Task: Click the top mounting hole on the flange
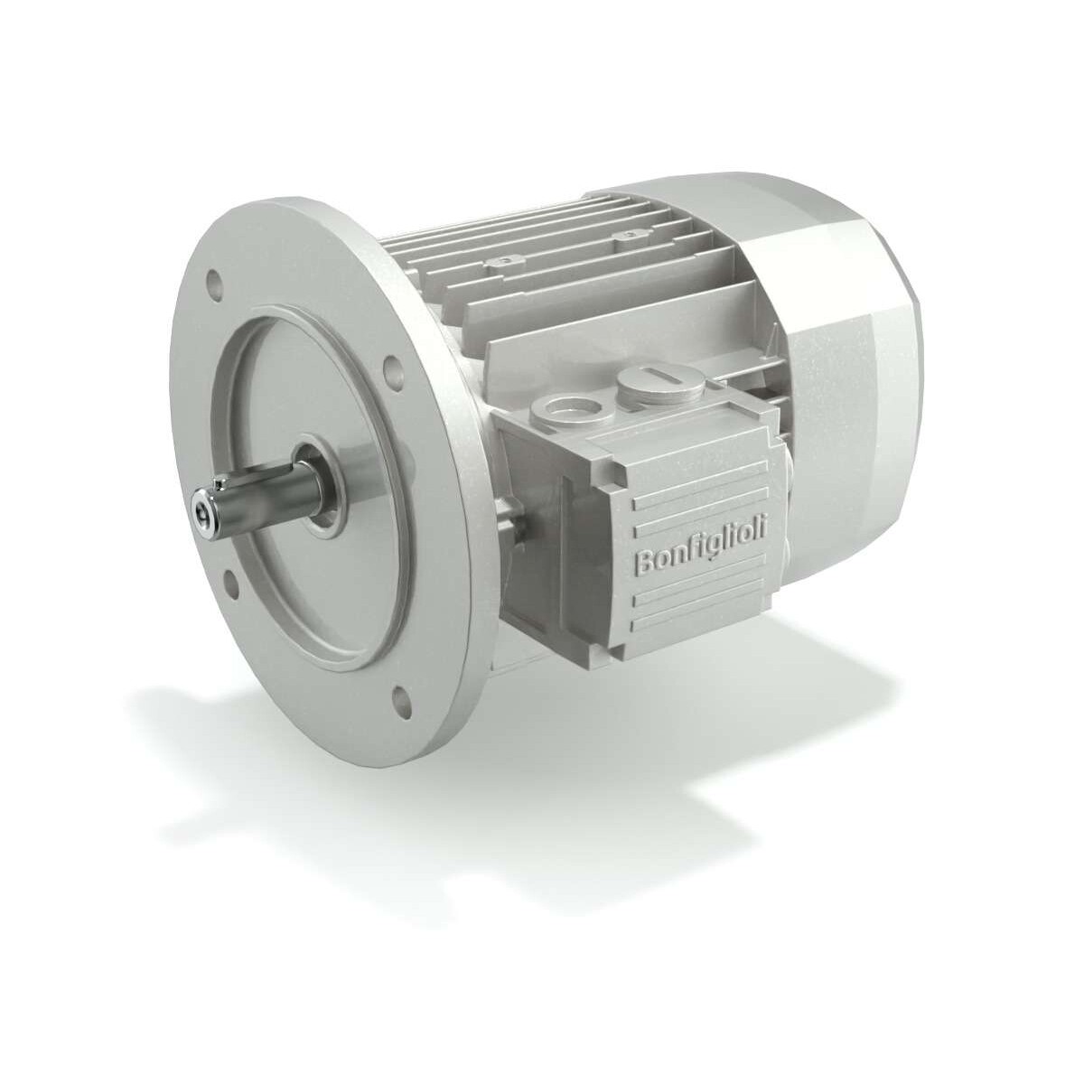coord(213,279)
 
